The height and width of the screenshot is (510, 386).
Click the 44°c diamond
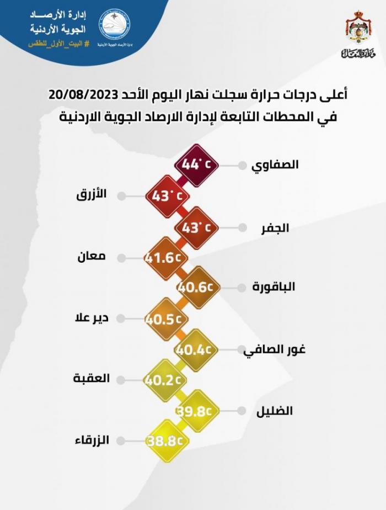click(196, 164)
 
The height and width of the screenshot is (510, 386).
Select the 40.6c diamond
click(197, 287)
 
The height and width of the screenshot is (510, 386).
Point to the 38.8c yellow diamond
click(166, 440)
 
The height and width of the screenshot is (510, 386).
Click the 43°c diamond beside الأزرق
click(167, 195)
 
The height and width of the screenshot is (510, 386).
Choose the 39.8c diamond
click(197, 410)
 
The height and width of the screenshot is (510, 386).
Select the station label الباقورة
click(274, 287)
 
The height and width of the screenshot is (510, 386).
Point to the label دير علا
click(92, 318)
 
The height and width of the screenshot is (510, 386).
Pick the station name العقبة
click(92, 379)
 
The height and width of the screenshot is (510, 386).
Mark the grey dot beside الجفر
click(242, 227)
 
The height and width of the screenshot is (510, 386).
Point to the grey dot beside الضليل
click(242, 411)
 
